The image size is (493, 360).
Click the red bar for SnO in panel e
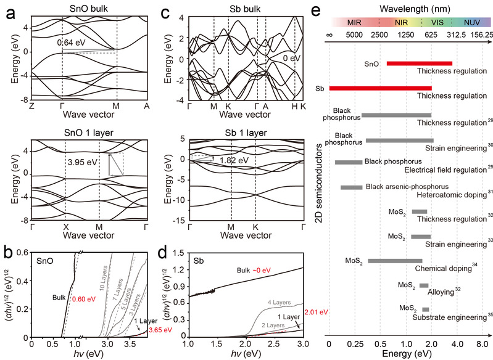point(420,63)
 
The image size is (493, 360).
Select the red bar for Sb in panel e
point(380,88)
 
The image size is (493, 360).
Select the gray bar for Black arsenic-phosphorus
point(351,187)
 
